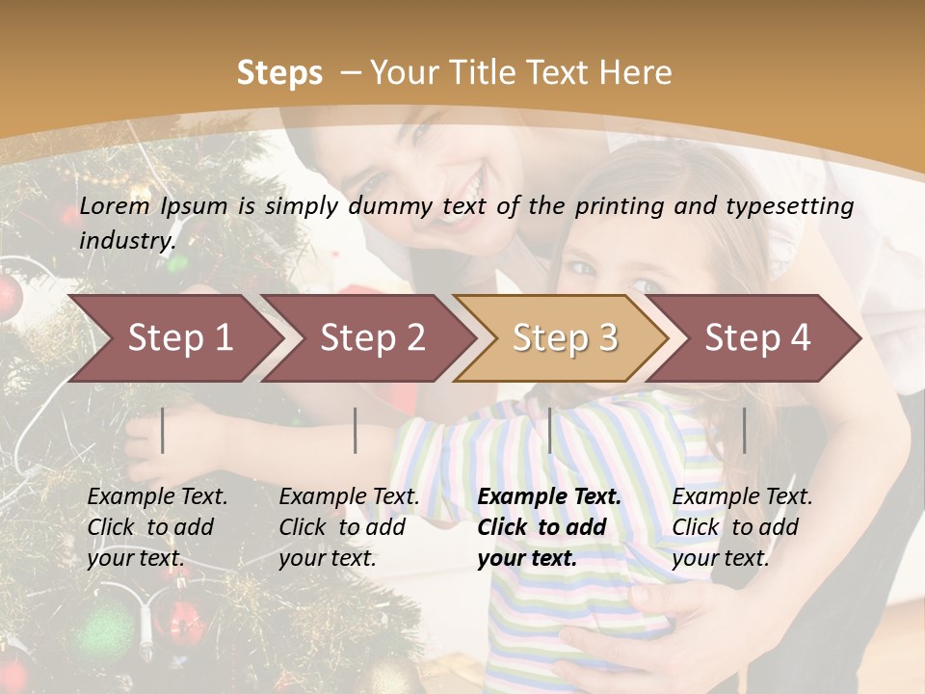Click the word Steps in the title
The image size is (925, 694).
[x=279, y=73]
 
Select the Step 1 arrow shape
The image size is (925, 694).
[x=173, y=338]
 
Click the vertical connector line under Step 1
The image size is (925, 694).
[x=163, y=430]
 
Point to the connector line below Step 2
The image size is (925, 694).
[x=356, y=430]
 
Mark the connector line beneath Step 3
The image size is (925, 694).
[x=549, y=430]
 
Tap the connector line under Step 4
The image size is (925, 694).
[x=744, y=430]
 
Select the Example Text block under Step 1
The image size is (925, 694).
[x=157, y=527]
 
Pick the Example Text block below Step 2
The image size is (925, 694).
[x=349, y=527]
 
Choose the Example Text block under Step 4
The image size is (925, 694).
[x=742, y=527]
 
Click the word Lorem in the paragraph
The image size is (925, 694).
[x=115, y=206]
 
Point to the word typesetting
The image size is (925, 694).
[x=791, y=206]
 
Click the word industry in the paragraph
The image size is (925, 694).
[x=127, y=240]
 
